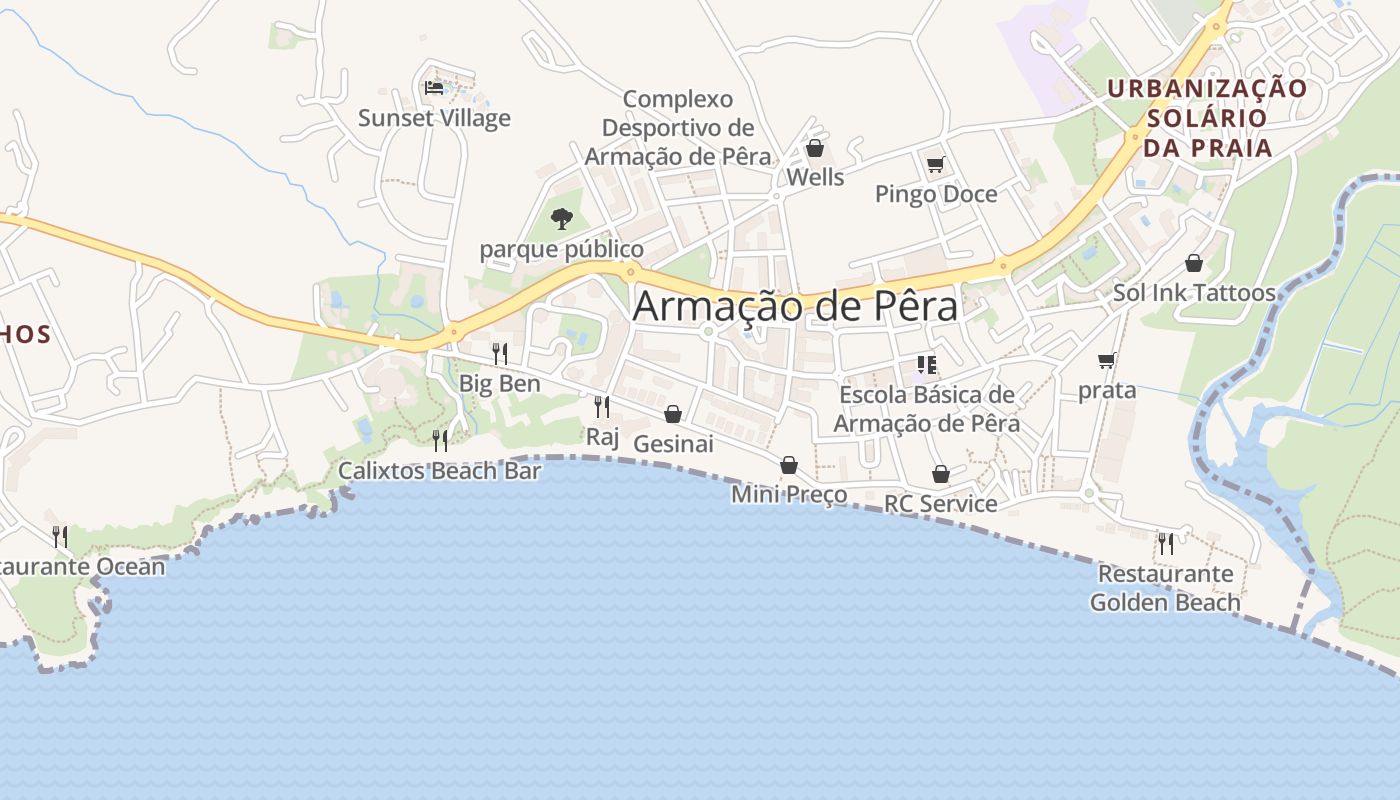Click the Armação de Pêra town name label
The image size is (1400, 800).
coord(795,306)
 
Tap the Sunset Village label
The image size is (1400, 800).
coord(434,118)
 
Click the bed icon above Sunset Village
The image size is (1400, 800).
coord(434,88)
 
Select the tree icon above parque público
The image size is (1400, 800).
coord(562,218)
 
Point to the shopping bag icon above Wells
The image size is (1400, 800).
coord(815,149)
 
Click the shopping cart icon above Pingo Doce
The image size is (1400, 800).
coord(935,164)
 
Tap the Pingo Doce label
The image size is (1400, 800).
coord(936,194)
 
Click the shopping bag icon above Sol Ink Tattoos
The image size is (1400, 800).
coord(1193,263)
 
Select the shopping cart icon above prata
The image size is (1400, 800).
coord(1106,360)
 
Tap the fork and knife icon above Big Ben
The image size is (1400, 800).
coord(499,353)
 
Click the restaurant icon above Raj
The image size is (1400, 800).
coord(602,406)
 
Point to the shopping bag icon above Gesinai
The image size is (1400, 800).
coord(673,414)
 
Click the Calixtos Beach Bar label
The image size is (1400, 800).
coord(439,470)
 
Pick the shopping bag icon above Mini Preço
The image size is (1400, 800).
coord(789,465)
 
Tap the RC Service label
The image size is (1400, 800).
coord(940,504)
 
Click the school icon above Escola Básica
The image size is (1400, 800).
coord(926,365)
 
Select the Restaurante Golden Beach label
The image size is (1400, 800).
coord(1165,588)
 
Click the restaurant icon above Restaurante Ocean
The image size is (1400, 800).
coord(60,537)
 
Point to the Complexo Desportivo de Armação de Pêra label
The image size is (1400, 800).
coord(678,128)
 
